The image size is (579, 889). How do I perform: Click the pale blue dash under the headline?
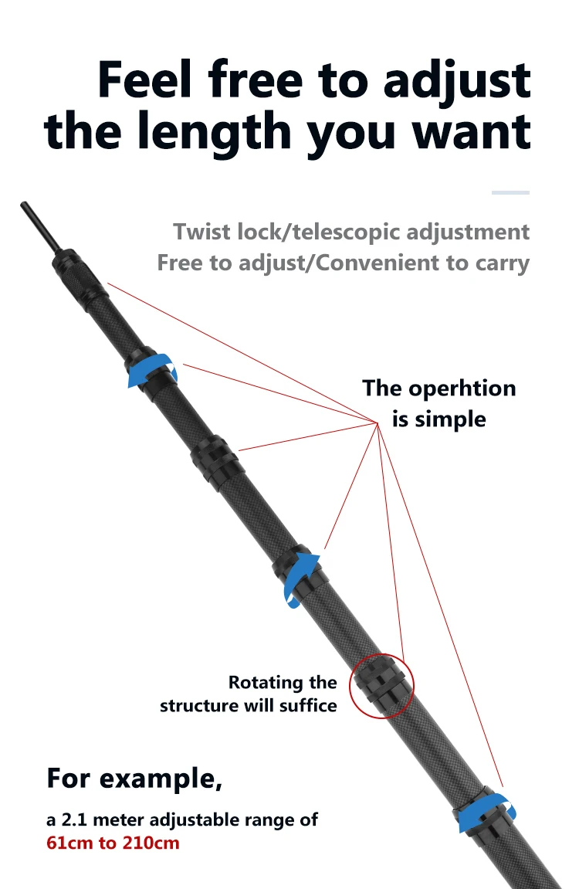(510, 192)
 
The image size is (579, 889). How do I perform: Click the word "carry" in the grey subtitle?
(501, 263)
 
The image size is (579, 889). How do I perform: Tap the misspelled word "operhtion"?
(462, 388)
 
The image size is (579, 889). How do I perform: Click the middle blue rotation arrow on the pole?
(300, 575)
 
